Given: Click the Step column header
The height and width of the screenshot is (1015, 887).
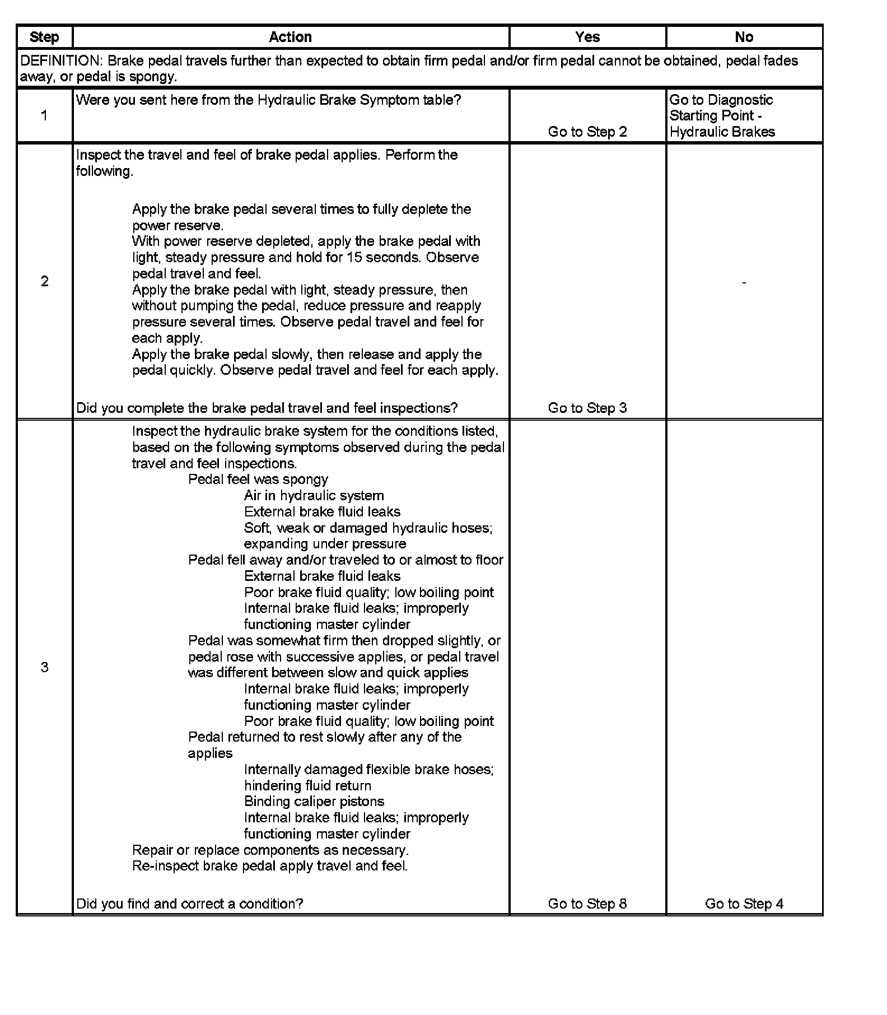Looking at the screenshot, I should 44,37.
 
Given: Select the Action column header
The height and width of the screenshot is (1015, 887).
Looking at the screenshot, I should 290,37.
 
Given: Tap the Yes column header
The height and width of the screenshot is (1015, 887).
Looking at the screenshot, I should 587,37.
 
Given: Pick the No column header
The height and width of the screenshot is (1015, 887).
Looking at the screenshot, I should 744,37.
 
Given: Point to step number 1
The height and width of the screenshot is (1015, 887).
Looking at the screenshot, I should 44,116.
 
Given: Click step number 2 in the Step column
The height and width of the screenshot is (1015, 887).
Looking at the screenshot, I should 44,281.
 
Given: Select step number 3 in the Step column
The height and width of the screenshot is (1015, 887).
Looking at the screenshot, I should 44,667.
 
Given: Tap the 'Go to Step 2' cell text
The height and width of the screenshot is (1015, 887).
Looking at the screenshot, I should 587,132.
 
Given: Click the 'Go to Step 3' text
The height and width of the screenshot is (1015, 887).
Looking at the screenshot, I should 587,408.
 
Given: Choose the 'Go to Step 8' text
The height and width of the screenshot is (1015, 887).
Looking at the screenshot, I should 587,904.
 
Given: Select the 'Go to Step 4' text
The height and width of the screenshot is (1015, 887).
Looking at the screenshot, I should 744,904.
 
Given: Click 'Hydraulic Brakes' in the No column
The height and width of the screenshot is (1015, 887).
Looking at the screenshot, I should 722,132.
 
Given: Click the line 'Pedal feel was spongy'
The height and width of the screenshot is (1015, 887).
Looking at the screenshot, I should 258,479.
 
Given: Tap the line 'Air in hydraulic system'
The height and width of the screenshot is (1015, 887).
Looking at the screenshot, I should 314,496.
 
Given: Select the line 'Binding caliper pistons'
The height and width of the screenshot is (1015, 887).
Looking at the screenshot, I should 314,802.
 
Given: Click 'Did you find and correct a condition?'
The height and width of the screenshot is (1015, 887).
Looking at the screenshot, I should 189,904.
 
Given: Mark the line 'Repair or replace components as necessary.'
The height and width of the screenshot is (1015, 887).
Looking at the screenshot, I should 270,850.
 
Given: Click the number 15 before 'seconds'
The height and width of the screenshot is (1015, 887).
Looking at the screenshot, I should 354,258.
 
